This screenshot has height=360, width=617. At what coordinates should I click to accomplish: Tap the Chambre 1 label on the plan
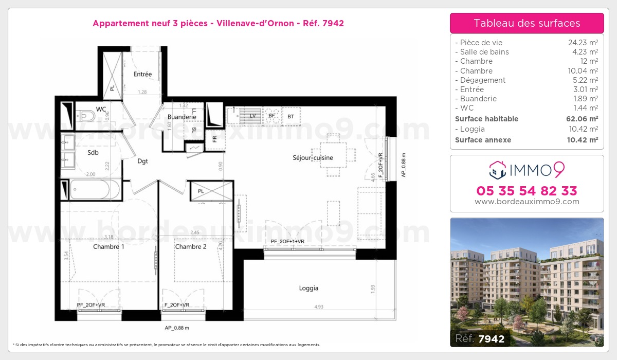(x=108, y=247)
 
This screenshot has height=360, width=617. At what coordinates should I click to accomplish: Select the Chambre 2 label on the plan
(x=191, y=247)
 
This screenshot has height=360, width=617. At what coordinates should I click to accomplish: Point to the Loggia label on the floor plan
(x=308, y=288)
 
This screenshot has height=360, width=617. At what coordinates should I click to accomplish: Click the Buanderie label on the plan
(x=182, y=117)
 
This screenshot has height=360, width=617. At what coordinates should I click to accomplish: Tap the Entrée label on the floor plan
(x=142, y=74)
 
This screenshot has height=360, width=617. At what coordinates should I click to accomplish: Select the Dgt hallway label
(x=142, y=161)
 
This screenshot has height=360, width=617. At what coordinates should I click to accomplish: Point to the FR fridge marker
(x=214, y=139)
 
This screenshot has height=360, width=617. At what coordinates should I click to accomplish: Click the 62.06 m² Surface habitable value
(x=580, y=119)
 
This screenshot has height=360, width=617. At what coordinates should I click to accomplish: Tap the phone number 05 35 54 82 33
(x=527, y=191)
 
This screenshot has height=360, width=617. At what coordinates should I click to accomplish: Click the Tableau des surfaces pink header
(x=527, y=23)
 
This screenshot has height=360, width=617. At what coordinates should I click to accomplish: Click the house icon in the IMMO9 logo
(x=497, y=168)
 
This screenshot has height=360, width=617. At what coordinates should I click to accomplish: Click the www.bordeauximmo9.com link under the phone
(x=527, y=202)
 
